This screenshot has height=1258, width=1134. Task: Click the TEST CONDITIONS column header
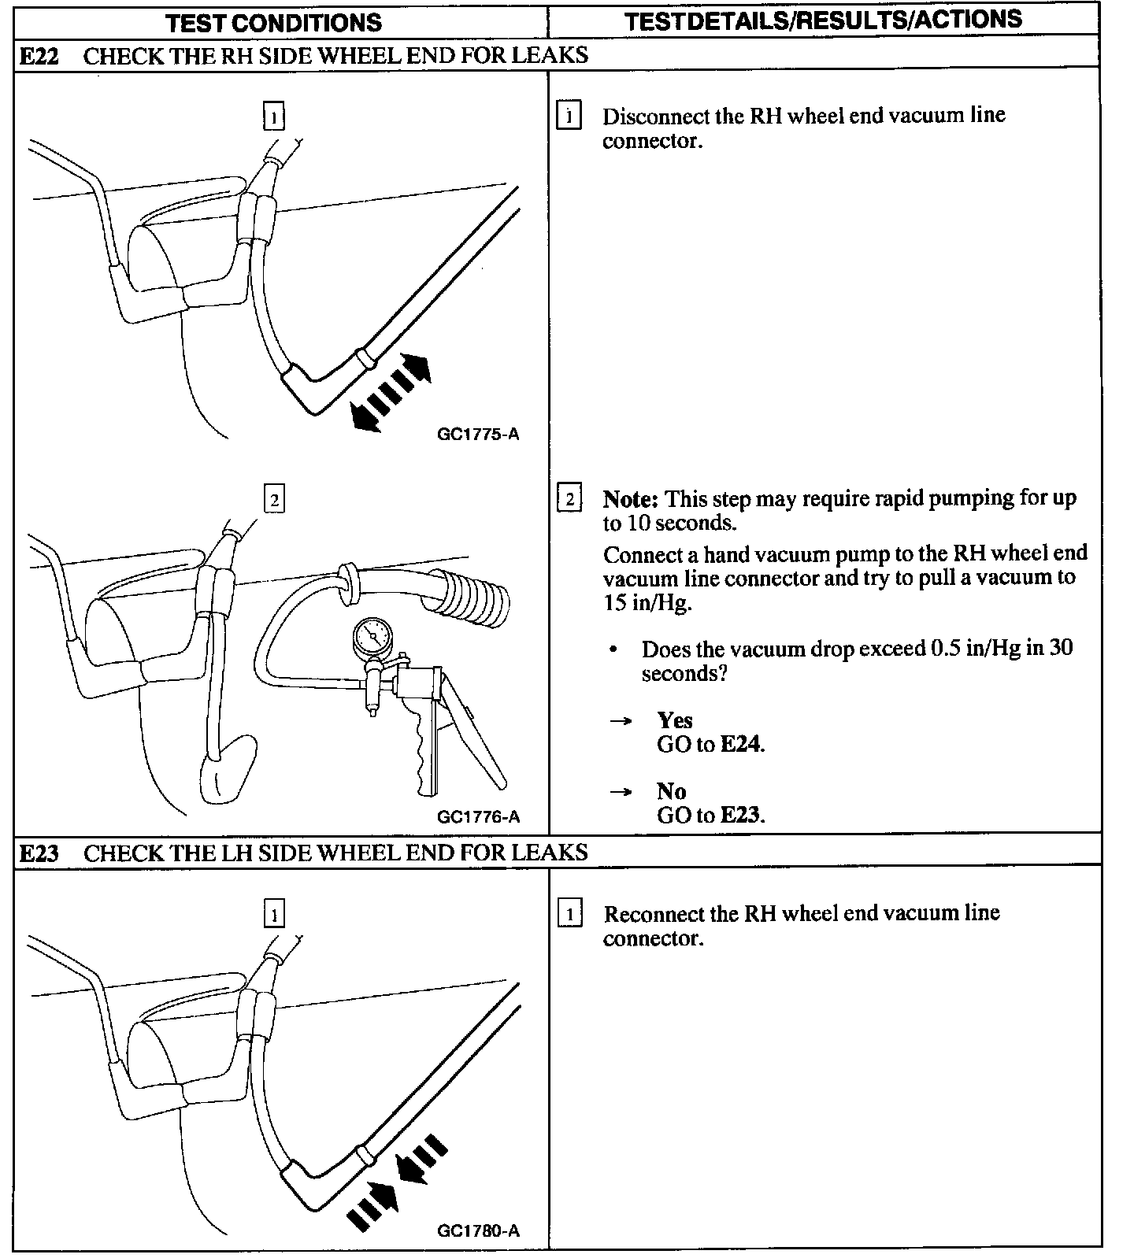coord(273,22)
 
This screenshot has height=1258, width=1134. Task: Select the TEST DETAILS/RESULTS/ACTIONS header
coord(823,20)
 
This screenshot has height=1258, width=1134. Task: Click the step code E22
coord(39,56)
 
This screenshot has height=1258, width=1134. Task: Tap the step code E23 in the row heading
coord(39,853)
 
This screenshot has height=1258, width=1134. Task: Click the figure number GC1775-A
coord(478,435)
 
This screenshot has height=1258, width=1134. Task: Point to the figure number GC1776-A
coord(478,817)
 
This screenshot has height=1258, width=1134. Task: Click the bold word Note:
coord(630,500)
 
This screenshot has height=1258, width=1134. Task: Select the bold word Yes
coord(675,720)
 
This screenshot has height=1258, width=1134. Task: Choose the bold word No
coord(671,791)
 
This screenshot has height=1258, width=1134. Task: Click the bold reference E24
coord(741,745)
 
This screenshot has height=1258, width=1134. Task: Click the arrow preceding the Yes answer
coord(621,720)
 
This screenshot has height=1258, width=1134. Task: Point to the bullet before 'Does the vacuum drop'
coord(614,650)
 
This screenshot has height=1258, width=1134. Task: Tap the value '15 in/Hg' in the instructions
coord(640,604)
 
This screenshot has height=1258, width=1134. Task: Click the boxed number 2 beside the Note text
coord(569,499)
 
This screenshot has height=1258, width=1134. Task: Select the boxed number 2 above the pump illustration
coord(274,500)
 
